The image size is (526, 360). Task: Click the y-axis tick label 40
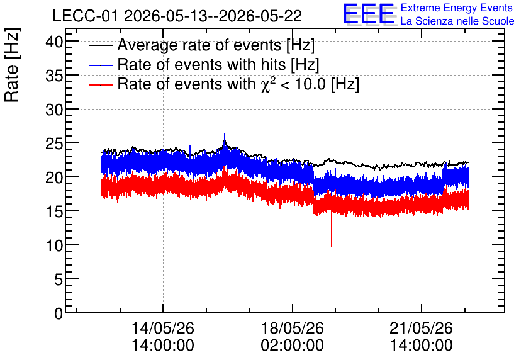54,42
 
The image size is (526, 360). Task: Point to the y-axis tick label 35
54,77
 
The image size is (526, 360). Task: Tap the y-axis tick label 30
54,110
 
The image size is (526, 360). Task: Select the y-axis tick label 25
54,144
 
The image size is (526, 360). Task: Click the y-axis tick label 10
54,246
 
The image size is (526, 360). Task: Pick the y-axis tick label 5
59,280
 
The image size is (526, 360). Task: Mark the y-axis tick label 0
59,314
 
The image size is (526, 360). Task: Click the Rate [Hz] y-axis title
12,65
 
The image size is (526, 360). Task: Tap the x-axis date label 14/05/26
163,328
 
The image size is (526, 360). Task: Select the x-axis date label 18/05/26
292,328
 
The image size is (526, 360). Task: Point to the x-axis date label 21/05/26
421,328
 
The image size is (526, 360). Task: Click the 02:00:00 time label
292,346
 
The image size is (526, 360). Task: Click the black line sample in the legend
100,45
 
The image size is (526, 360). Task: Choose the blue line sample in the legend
100,65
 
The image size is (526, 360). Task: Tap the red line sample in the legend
100,84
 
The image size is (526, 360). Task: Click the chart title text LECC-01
85,16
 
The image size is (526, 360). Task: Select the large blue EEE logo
368,14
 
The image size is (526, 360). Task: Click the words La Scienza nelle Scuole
457,21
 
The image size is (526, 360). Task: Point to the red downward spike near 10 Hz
332,230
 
